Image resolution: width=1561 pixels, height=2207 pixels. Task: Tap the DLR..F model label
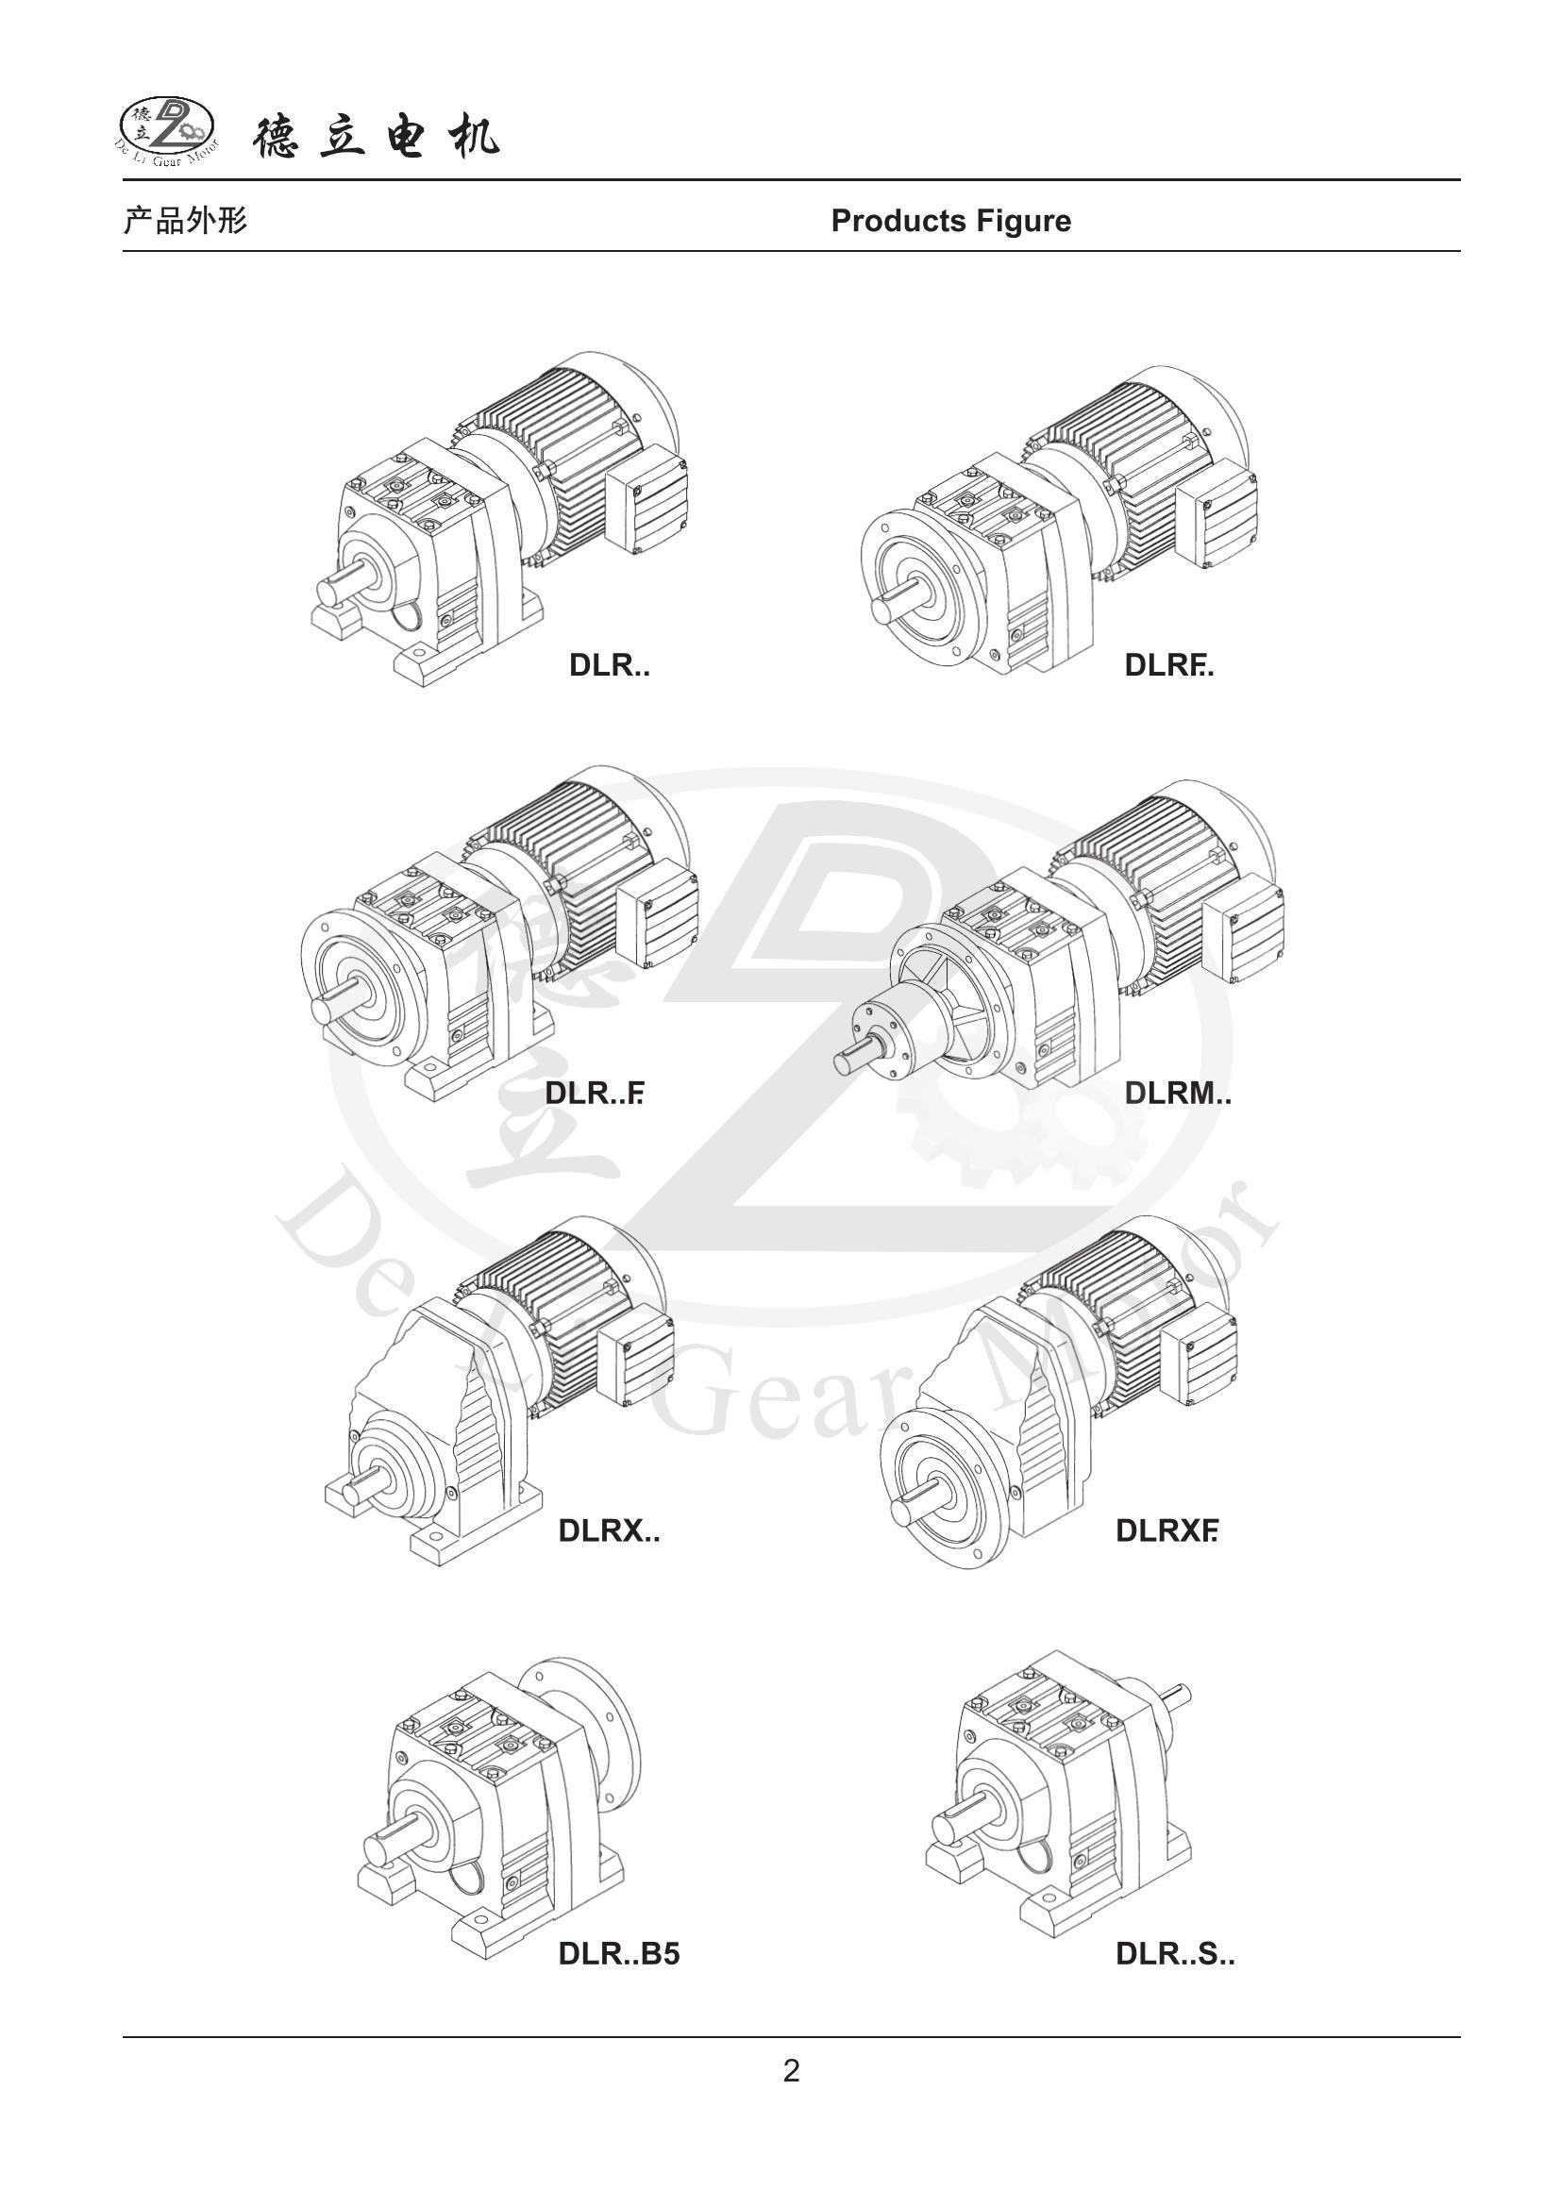pos(594,1093)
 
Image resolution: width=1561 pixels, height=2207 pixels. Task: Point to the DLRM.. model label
pos(1178,1093)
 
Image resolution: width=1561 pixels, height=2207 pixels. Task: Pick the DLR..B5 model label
pos(619,1954)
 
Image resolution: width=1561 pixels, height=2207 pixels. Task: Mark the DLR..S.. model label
pos(1175,1954)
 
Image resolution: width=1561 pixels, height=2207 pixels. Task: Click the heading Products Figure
pos(950,221)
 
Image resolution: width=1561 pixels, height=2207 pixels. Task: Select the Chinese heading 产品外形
pos(186,221)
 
